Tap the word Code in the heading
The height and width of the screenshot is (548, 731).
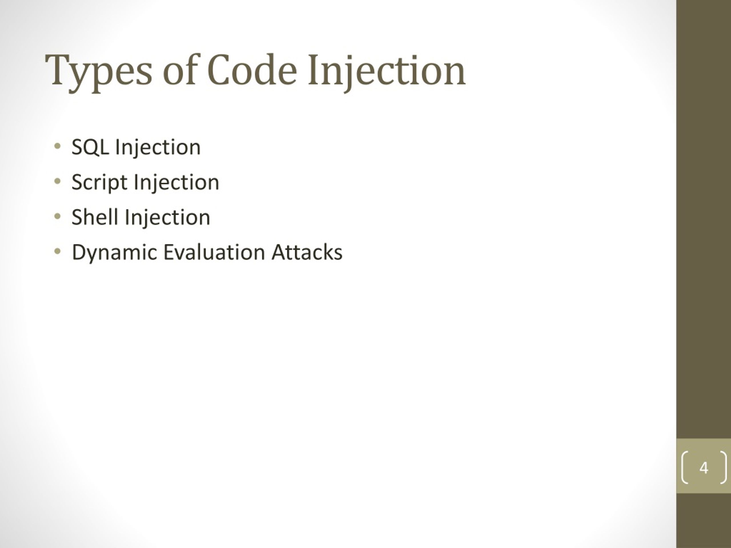pyautogui.click(x=252, y=70)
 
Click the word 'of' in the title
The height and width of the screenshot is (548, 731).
pyautogui.click(x=180, y=70)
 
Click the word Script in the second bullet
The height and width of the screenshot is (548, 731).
pyautogui.click(x=99, y=182)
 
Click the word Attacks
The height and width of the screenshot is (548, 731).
pyautogui.click(x=307, y=252)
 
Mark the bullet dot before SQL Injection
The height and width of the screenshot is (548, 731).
pyautogui.click(x=57, y=146)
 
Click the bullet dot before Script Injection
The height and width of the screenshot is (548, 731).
pyautogui.click(x=57, y=181)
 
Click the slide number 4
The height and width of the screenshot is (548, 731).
pyautogui.click(x=704, y=468)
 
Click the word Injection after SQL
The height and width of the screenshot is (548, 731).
pyautogui.click(x=158, y=147)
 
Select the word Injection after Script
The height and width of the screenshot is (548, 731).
pyautogui.click(x=176, y=182)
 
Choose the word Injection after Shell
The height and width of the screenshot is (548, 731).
pyautogui.click(x=167, y=217)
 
